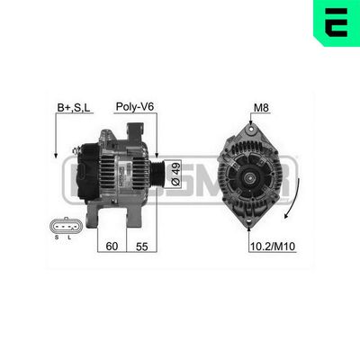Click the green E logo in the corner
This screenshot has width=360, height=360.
pos(337,22)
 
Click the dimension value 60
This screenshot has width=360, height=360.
pos(112,245)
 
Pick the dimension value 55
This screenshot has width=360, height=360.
pos(141,245)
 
